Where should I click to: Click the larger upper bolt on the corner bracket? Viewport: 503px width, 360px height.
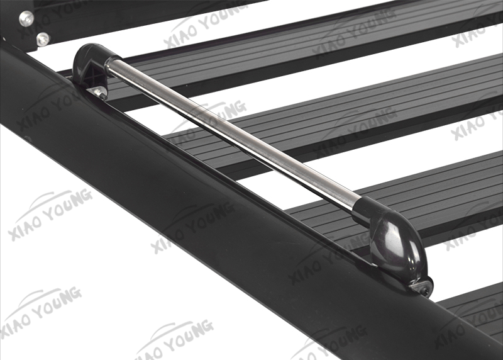[x=26, y=18]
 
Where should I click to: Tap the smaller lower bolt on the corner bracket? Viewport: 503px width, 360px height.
[x=43, y=39]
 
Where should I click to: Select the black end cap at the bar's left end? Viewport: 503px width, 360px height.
[x=93, y=67]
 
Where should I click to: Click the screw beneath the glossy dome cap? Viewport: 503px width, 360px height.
[x=423, y=288]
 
